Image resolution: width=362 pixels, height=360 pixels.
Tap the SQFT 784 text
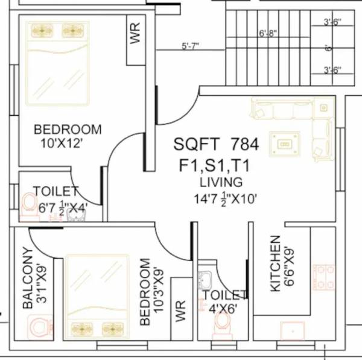[x=216, y=144]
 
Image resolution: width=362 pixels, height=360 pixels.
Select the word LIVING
[x=222, y=182]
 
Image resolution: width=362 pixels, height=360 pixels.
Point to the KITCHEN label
[x=275, y=264]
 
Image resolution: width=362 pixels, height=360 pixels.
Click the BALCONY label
[x=27, y=278]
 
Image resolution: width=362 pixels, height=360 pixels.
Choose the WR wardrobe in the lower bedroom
[x=180, y=311]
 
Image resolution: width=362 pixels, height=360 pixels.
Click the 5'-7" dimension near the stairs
[x=190, y=46]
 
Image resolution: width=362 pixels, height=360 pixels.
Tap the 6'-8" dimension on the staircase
[x=268, y=33]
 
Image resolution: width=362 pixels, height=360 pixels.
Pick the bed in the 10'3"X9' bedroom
[x=97, y=294]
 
